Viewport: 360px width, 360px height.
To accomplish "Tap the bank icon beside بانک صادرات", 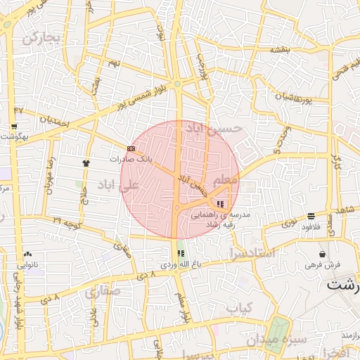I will click(x=131, y=148).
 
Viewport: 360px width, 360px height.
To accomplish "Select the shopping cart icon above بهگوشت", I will click(x=14, y=127).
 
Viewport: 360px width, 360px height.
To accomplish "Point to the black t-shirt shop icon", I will click(x=86, y=162).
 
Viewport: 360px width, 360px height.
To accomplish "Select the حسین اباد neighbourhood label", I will click(x=212, y=129).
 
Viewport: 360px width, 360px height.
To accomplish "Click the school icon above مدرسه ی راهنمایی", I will click(x=221, y=204).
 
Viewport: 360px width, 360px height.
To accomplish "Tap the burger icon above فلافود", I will click(x=311, y=216).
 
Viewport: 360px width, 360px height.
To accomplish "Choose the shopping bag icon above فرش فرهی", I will click(x=323, y=254).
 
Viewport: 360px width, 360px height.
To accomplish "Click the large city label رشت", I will click(x=343, y=285).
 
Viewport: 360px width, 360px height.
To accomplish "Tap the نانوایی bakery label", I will click(x=28, y=265).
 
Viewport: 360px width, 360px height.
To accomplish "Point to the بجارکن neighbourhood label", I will click(x=43, y=37).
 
